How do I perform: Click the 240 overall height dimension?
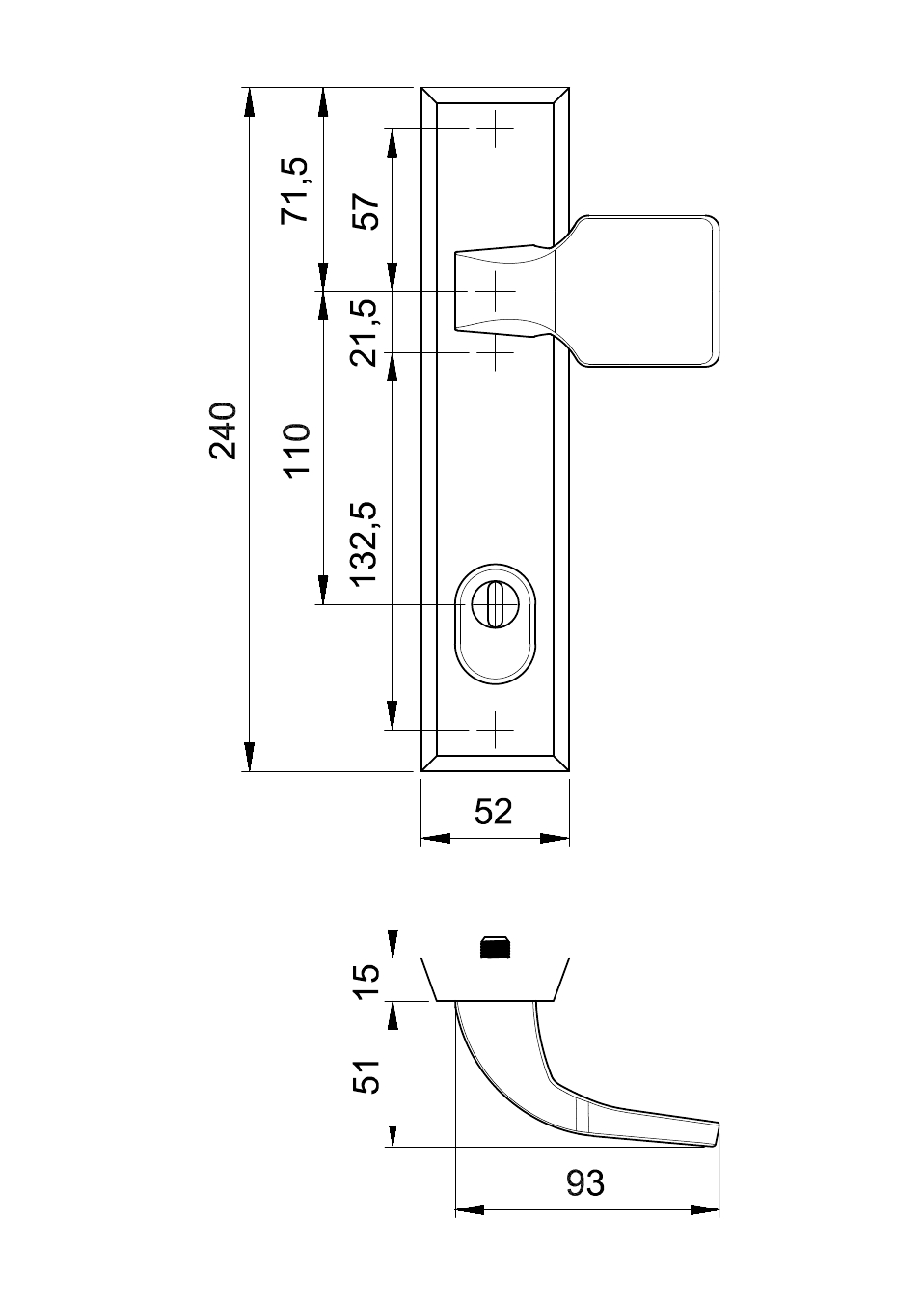pyautogui.click(x=224, y=430)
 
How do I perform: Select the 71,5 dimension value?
pyautogui.click(x=296, y=190)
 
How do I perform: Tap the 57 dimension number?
pyautogui.click(x=366, y=212)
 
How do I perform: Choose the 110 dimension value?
pyautogui.click(x=297, y=451)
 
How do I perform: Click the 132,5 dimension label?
pyautogui.click(x=366, y=543)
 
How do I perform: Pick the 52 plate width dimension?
pyautogui.click(x=493, y=812)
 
